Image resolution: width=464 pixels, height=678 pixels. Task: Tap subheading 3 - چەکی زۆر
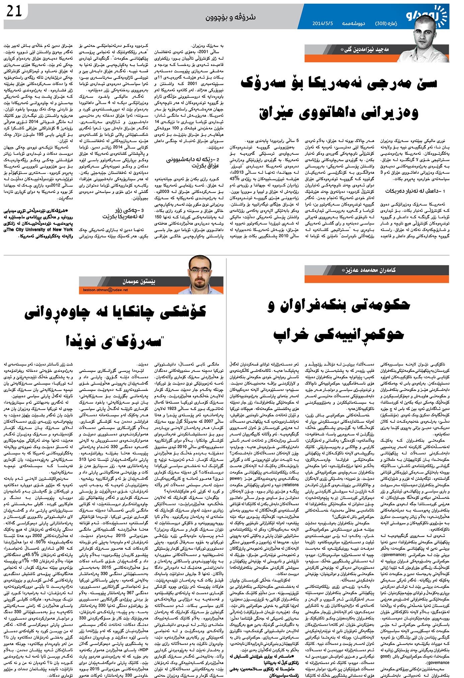(122, 213)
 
